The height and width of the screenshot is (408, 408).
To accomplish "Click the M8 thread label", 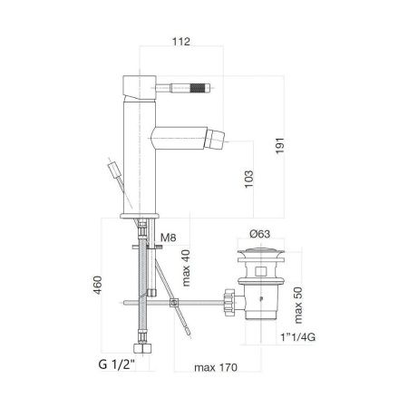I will (166, 238).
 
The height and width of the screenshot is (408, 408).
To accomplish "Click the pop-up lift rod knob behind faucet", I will (113, 170).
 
